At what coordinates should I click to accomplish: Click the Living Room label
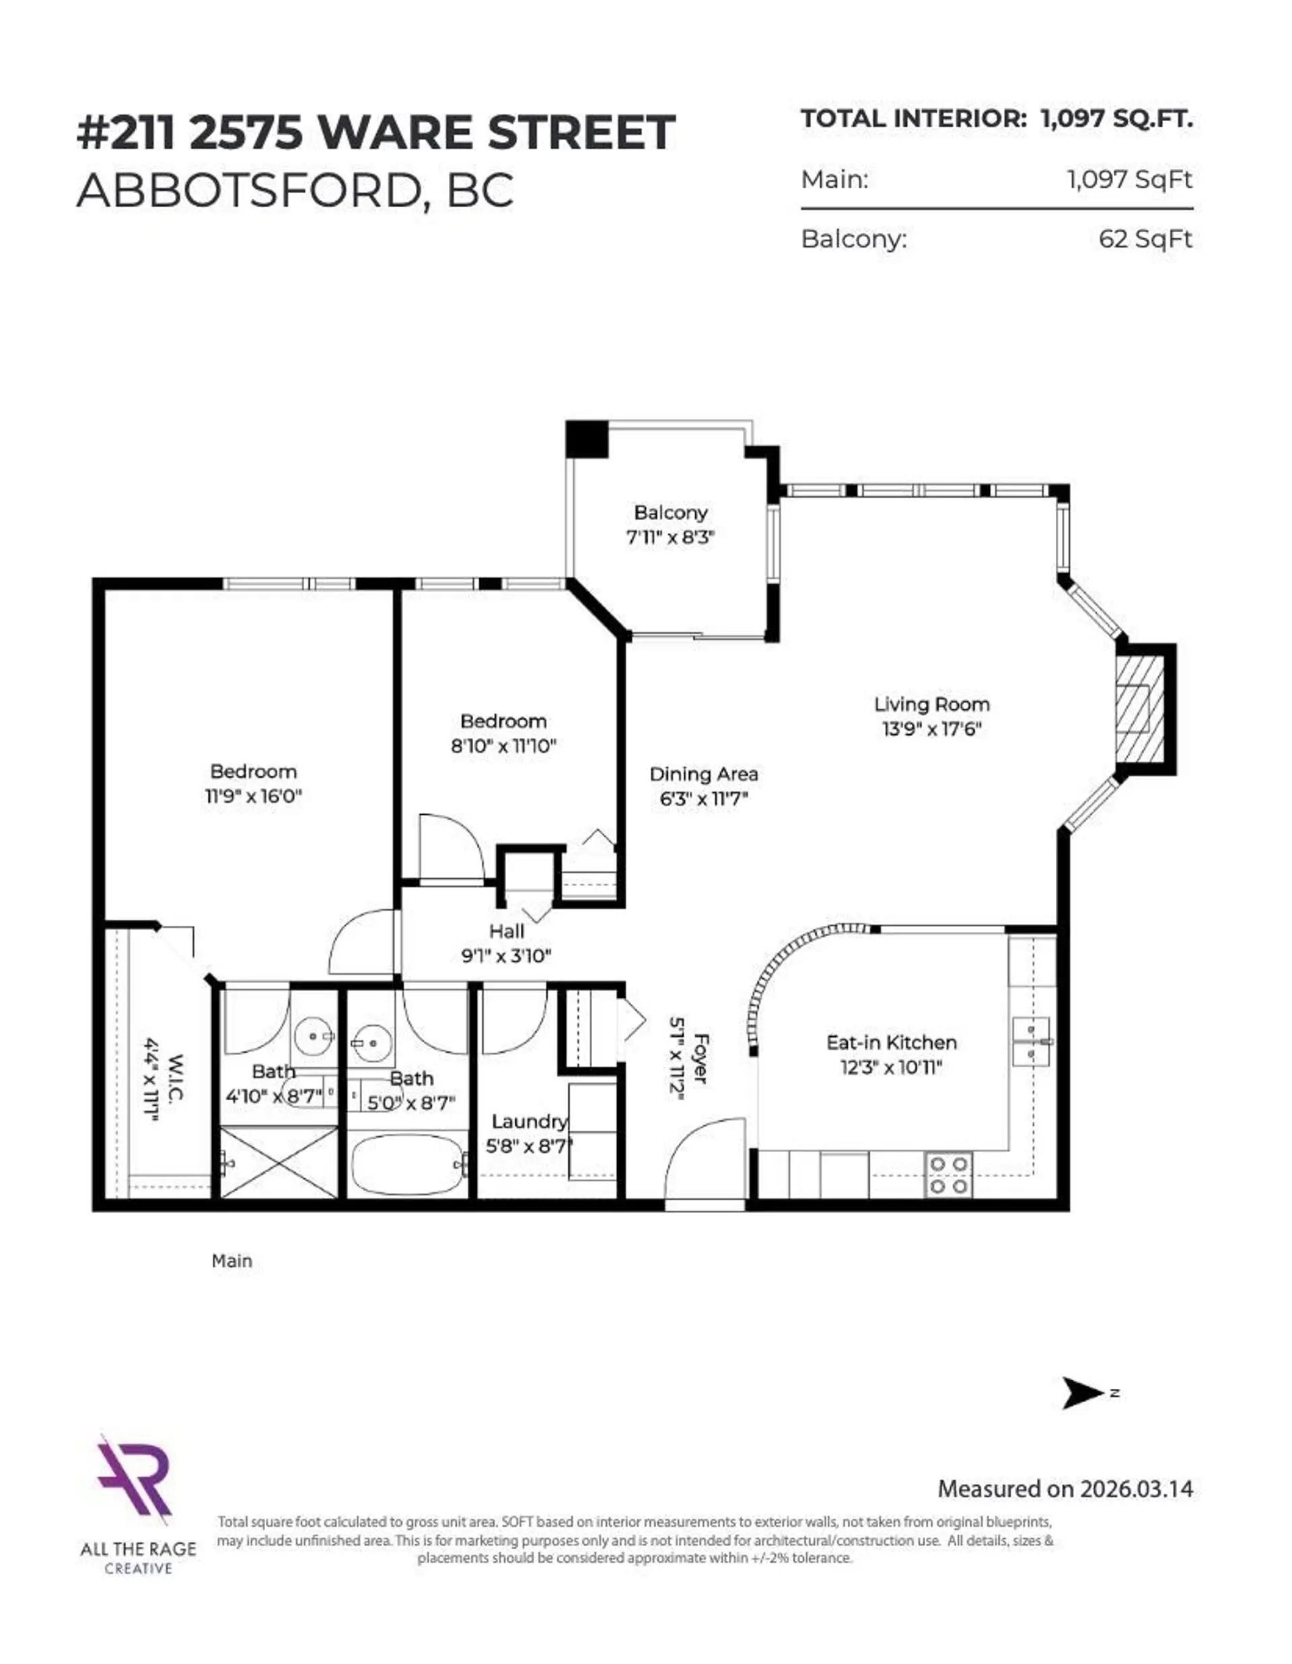tap(931, 704)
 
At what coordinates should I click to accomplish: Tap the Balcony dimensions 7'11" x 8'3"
tap(670, 537)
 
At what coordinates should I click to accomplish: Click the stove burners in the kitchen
tap(948, 1175)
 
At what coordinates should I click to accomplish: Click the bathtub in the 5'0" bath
tap(408, 1165)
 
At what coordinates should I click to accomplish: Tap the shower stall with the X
tap(279, 1162)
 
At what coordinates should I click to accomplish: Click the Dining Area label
tap(703, 774)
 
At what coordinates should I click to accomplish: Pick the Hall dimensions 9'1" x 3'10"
tap(506, 955)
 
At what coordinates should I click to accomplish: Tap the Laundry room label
tap(529, 1122)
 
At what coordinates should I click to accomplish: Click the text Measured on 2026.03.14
tap(1065, 1489)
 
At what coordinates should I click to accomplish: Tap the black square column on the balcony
tap(587, 439)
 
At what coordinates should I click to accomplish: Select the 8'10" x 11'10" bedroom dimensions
tap(503, 746)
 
